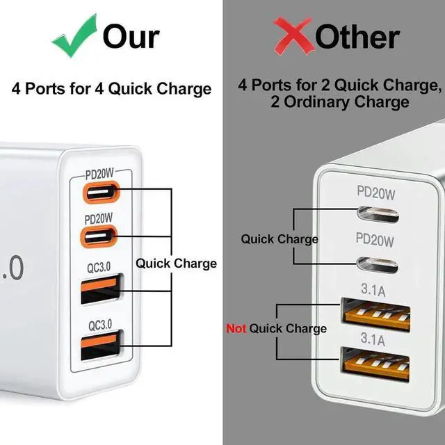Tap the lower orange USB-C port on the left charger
tap(100, 237)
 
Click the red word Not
tap(236, 328)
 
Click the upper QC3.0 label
tap(100, 266)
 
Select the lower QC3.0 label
tap(100, 325)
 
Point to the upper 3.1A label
tap(375, 287)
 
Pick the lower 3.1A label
tap(375, 339)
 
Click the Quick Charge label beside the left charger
tap(176, 264)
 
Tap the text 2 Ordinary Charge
tap(340, 102)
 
